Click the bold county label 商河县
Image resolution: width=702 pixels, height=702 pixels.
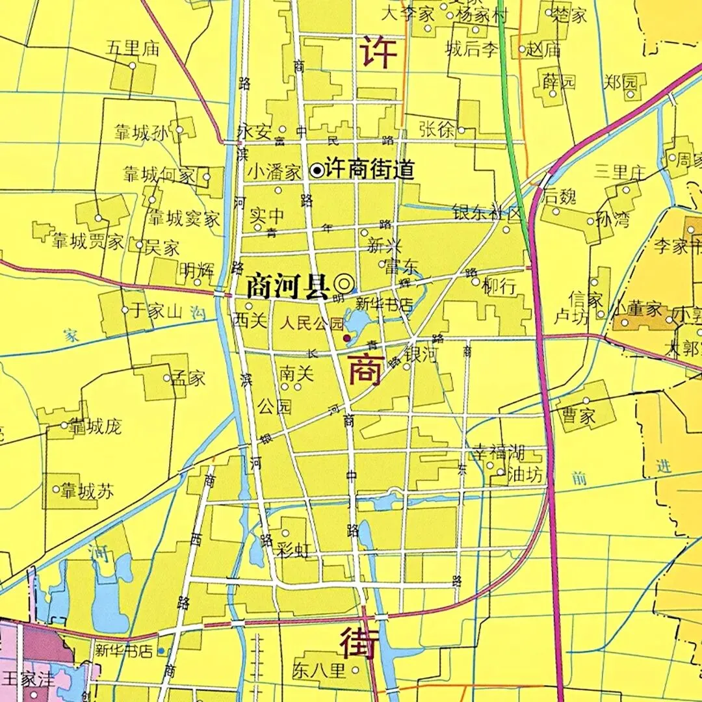click(288, 286)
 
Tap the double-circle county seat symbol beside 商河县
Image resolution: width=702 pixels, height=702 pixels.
click(344, 283)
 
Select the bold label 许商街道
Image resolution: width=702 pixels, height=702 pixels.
click(370, 170)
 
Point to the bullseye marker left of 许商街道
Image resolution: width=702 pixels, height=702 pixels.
click(317, 170)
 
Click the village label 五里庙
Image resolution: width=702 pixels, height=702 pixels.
click(133, 48)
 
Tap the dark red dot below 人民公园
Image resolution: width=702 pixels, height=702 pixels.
click(346, 338)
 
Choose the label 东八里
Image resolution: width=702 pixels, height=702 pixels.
click(318, 670)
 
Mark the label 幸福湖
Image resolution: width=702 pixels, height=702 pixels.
click(498, 453)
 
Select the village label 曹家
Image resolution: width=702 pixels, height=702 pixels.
click(579, 416)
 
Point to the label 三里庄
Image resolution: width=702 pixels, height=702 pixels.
click(619, 172)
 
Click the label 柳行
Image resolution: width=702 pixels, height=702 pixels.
click(500, 286)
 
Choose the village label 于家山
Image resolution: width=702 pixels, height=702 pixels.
click(155, 311)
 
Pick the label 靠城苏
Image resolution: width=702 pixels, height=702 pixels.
click(86, 491)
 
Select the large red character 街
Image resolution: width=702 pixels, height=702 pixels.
click(357, 642)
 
